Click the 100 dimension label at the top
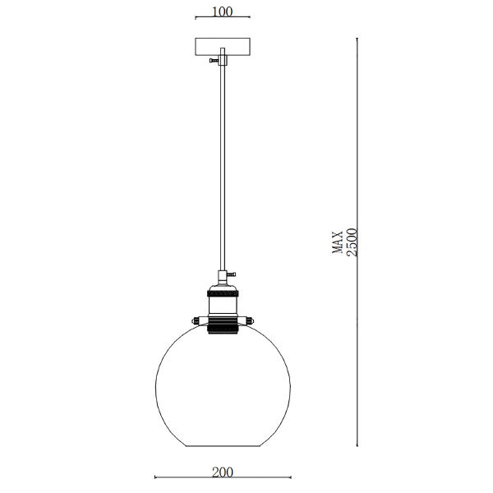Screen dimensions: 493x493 pos(223,12)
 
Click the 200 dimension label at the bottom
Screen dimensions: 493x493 pos(223,472)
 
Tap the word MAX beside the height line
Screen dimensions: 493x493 pos(338,242)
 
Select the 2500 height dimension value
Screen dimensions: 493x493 pos(352,242)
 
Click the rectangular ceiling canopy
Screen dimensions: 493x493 pos(223,47)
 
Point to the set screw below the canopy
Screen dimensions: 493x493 pos(214,60)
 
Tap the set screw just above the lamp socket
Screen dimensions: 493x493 pos(232,274)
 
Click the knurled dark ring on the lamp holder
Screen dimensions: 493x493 pos(223,293)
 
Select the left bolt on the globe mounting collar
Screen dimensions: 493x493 pos(196,321)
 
